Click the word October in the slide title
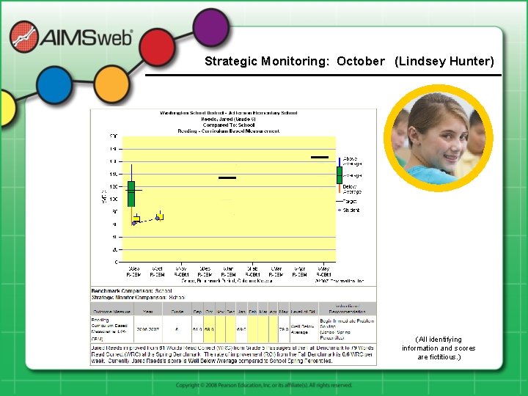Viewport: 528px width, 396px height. tap(360, 61)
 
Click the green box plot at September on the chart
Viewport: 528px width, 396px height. tap(131, 193)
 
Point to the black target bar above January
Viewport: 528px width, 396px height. tap(227, 177)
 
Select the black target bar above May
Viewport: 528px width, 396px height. tap(320, 157)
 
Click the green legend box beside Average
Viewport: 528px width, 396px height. tap(339, 175)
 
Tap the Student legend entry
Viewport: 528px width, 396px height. tap(349, 210)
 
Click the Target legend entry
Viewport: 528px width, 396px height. tap(349, 199)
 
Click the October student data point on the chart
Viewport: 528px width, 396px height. tap(158, 217)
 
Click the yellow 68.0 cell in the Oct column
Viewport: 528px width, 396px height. tap(209, 329)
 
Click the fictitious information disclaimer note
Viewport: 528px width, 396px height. tap(438, 348)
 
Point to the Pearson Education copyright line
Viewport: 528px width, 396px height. tap(264, 385)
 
